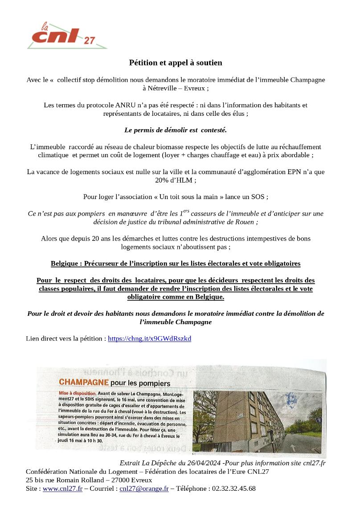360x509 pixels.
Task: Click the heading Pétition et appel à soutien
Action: [176, 63]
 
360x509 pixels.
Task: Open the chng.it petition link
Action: [150, 338]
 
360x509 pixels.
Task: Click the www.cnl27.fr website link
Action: [62, 489]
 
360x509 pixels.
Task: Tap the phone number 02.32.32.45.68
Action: [234, 489]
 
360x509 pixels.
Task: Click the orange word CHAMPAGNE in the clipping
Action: [84, 383]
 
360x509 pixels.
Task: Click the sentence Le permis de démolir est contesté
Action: [176, 130]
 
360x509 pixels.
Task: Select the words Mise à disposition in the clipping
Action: [77, 393]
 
